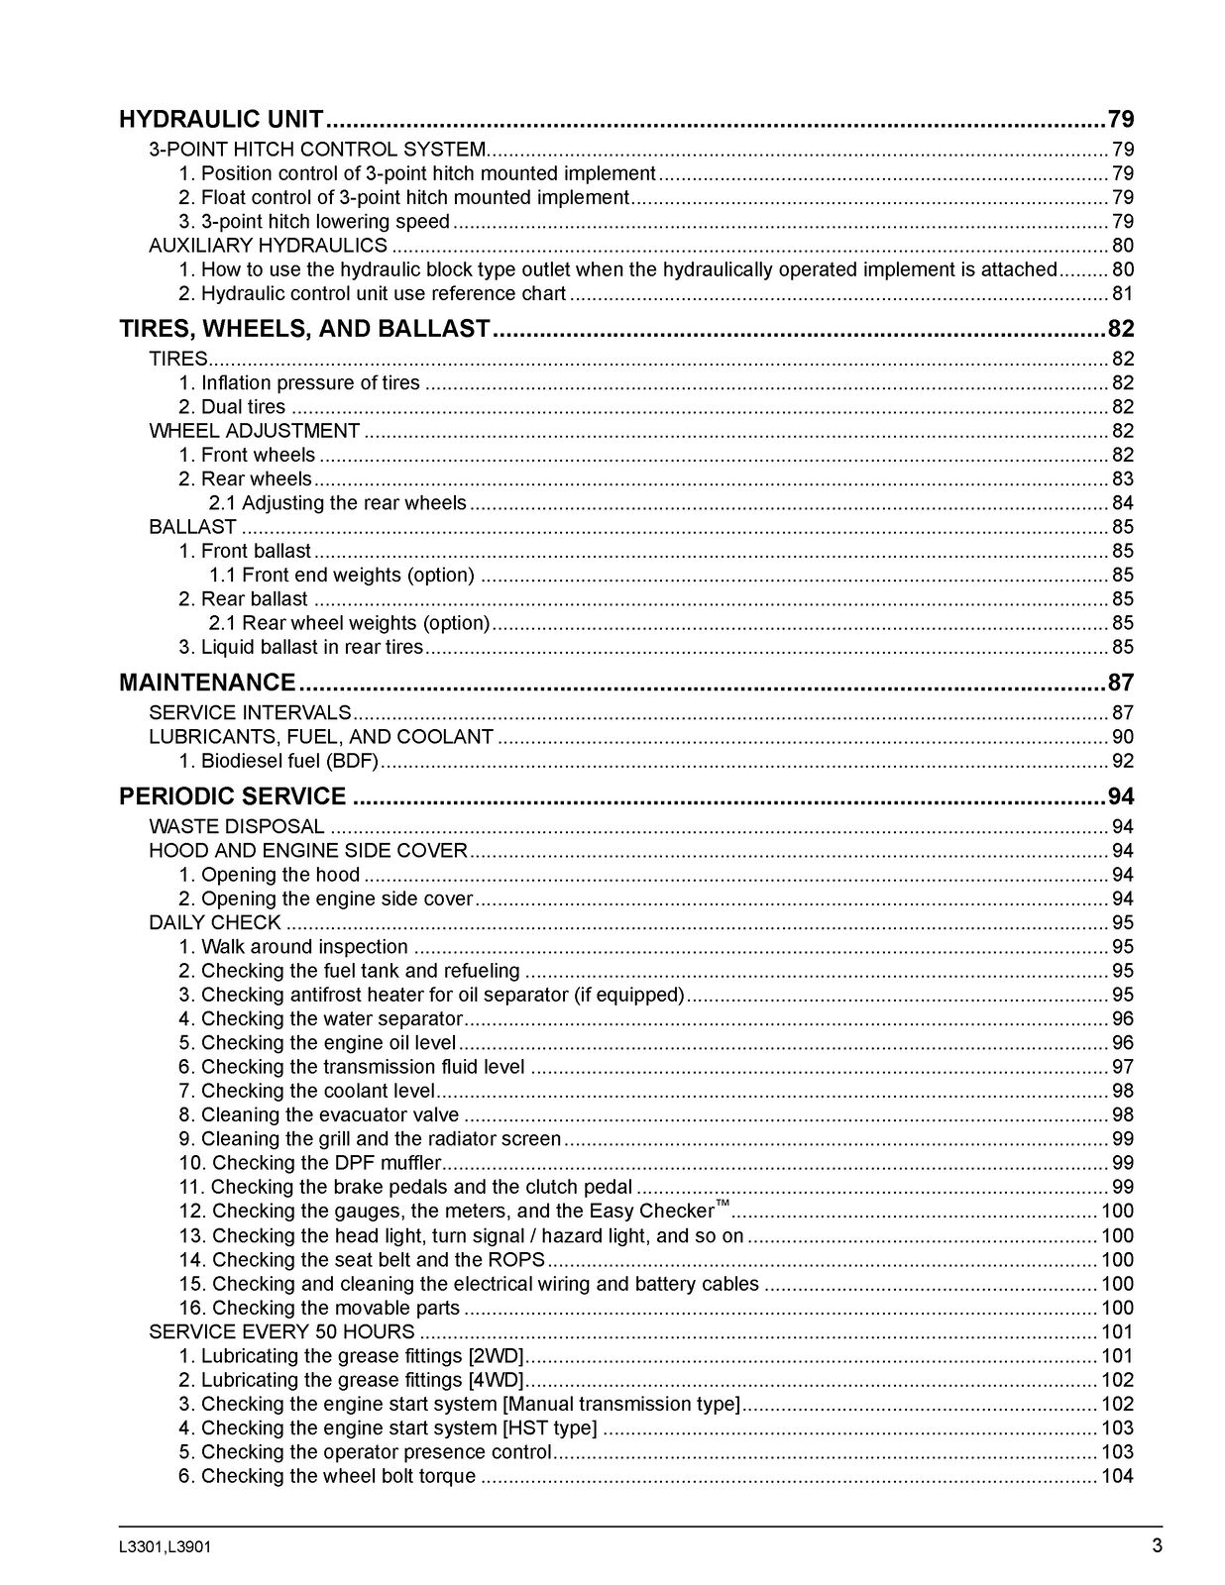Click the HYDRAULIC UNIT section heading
[221, 120]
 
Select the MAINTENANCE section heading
[207, 683]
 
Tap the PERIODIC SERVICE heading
[233, 796]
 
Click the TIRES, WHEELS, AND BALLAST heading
[304, 329]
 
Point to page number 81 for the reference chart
[1122, 293]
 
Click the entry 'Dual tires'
[243, 407]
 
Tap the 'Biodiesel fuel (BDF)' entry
[289, 761]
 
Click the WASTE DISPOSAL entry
[236, 826]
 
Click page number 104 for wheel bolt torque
[1117, 1476]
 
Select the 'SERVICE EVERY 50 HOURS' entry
[281, 1332]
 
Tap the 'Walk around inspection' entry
[304, 947]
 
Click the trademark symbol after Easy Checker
[723, 1204]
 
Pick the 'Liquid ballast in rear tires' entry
[311, 647]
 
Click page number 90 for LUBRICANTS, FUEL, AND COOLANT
[1122, 737]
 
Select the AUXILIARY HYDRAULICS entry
[268, 246]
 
